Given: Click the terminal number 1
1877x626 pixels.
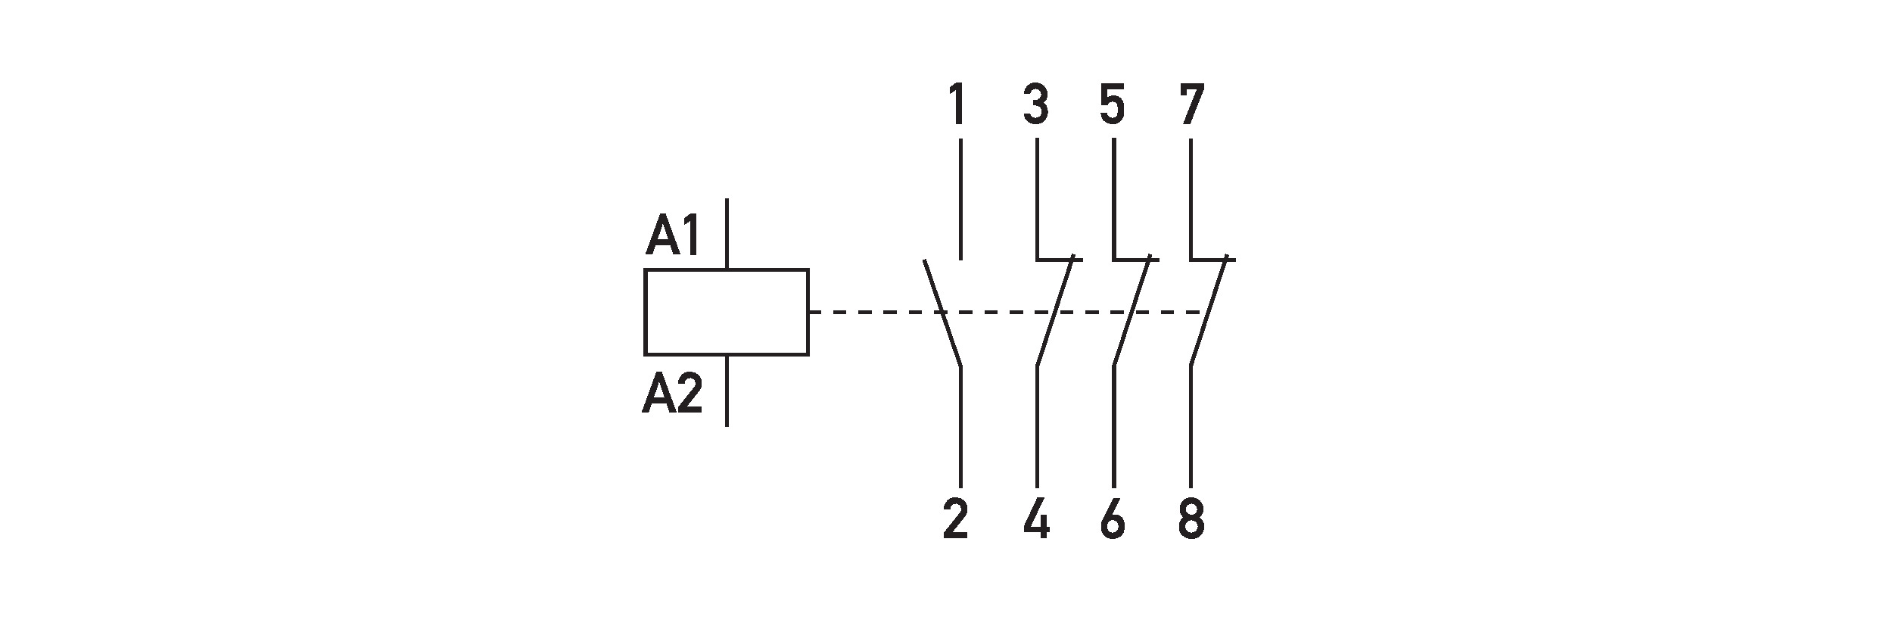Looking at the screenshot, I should point(957,106).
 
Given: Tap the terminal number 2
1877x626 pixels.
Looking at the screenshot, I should point(956,520).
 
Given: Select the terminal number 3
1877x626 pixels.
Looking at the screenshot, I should point(1036,106).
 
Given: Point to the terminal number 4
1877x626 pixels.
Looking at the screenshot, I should point(1036,520).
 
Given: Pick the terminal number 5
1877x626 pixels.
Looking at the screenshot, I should point(1113,106).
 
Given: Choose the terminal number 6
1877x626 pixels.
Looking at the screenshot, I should point(1113,520).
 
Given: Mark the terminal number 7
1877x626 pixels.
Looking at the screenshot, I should point(1191,106).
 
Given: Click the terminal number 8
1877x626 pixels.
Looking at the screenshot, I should point(1191,520).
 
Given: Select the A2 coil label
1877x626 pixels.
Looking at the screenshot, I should point(673,394).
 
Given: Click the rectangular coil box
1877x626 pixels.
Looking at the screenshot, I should point(726,311).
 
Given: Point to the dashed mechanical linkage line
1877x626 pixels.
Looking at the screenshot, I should point(870,311).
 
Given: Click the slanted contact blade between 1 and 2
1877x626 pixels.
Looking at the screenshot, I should point(942,314).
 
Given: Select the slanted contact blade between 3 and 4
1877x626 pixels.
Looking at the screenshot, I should point(1055,313).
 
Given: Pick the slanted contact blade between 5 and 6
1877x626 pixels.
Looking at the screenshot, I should point(1131,313).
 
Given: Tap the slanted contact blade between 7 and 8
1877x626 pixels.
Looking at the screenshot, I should point(1208,313).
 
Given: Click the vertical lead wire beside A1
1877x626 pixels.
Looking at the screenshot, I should point(727,233).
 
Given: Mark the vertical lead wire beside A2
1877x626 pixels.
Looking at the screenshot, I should point(727,390).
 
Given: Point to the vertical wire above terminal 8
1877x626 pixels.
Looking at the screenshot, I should point(1191,426).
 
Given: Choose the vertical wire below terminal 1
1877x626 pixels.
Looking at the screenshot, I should point(960,198).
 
